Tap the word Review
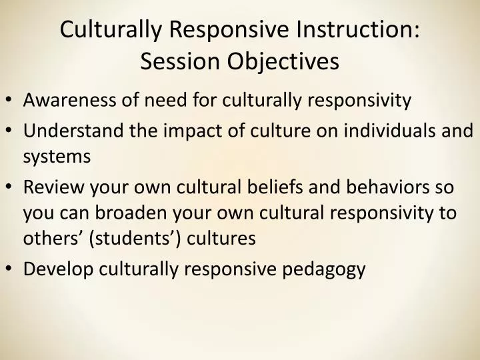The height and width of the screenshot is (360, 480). (x=51, y=187)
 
